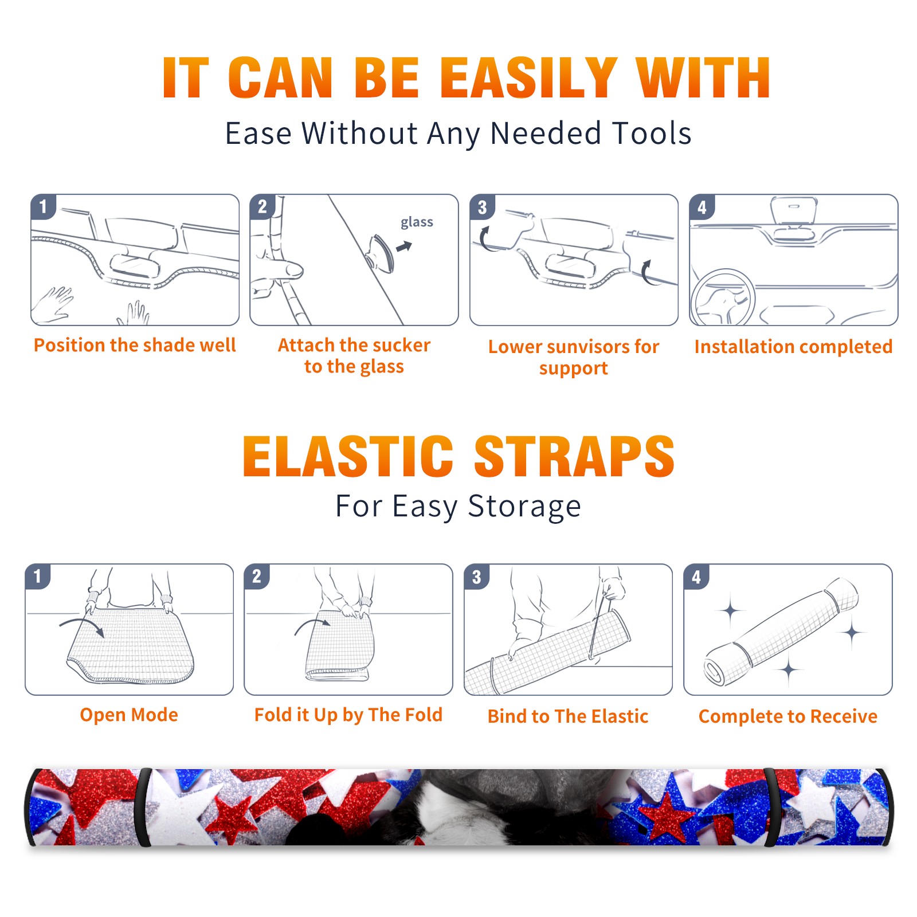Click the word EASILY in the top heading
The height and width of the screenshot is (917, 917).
click(x=528, y=78)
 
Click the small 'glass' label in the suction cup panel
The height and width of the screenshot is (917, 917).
click(x=417, y=222)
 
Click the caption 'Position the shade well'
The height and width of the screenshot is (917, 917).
click(x=135, y=345)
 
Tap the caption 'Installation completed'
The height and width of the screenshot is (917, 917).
click(x=793, y=347)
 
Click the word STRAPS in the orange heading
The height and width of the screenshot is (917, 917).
click(x=574, y=456)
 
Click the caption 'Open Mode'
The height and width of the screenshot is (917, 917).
click(x=129, y=715)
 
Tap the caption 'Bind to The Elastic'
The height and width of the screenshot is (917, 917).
click(x=568, y=716)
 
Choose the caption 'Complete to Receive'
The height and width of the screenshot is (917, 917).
click(x=788, y=716)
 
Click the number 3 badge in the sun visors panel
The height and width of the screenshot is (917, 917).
click(x=482, y=207)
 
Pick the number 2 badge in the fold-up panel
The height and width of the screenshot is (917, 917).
click(x=257, y=576)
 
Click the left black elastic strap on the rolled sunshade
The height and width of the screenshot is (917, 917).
click(x=142, y=808)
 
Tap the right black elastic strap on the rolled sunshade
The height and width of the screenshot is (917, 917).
click(x=770, y=808)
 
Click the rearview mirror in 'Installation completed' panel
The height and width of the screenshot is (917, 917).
click(x=794, y=210)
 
